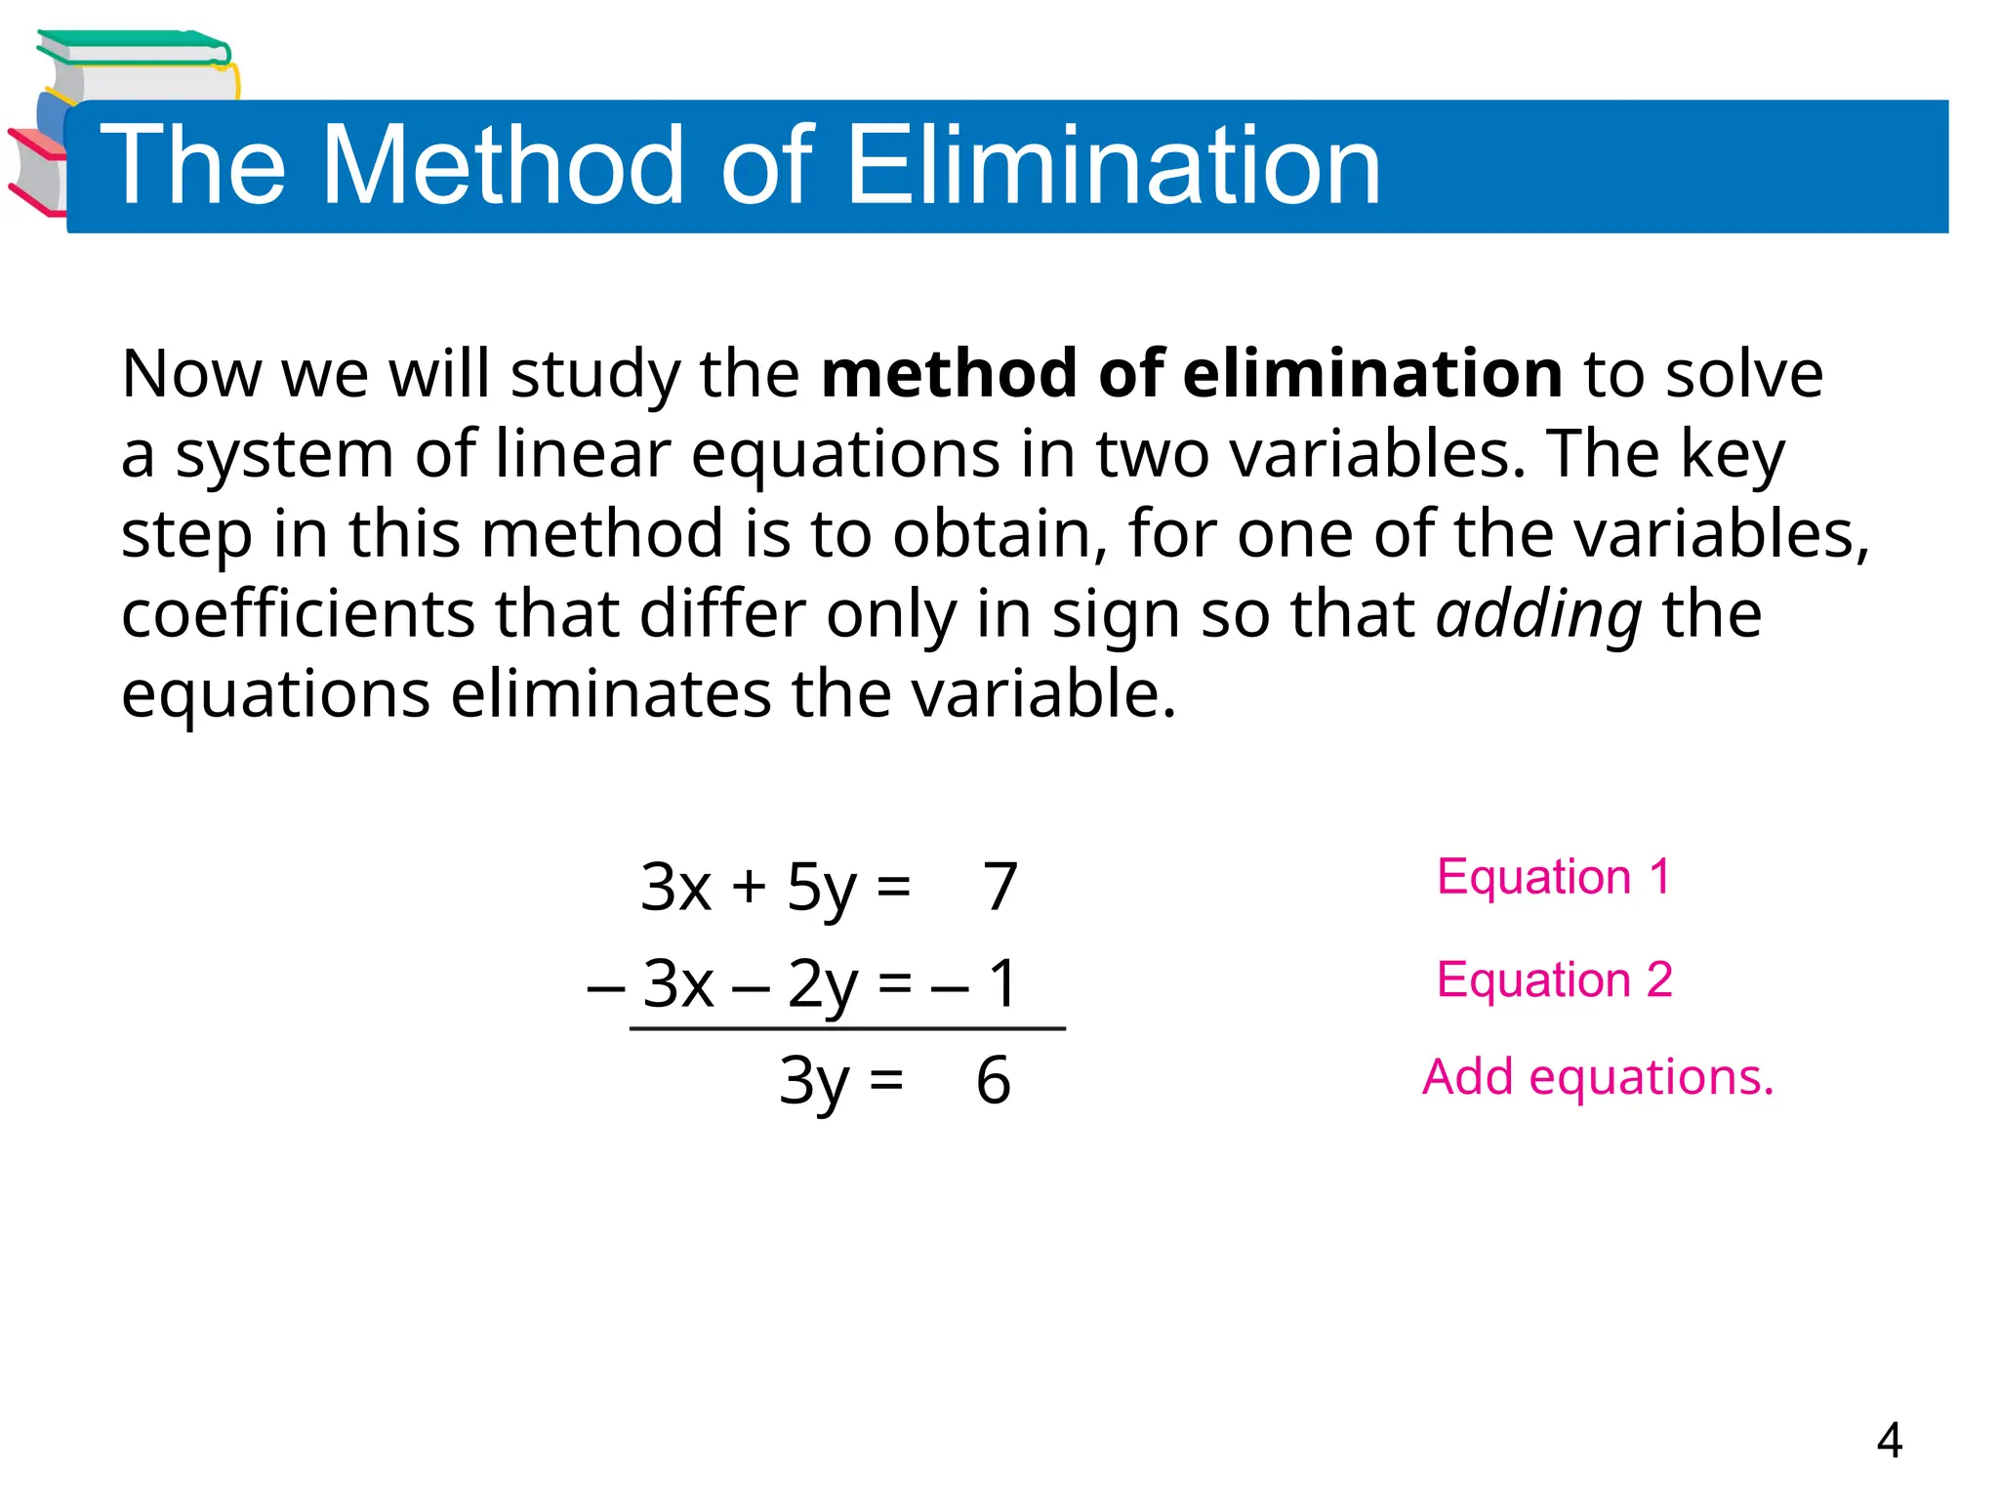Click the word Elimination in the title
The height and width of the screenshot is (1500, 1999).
click(1113, 166)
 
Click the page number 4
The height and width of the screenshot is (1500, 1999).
click(1889, 1440)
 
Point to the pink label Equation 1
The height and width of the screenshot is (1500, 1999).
click(1554, 877)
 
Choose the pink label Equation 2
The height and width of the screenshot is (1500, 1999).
click(1554, 979)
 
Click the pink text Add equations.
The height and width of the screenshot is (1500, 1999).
click(1598, 1077)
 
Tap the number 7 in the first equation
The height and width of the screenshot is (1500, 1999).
click(999, 887)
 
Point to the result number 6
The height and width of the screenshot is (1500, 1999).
click(993, 1081)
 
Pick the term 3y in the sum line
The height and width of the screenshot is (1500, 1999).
click(813, 1082)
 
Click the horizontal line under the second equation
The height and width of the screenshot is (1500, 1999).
click(847, 1028)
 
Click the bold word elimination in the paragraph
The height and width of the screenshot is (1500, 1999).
click(1367, 374)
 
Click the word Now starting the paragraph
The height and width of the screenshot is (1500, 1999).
click(191, 374)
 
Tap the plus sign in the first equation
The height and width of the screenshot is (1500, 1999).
click(749, 887)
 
